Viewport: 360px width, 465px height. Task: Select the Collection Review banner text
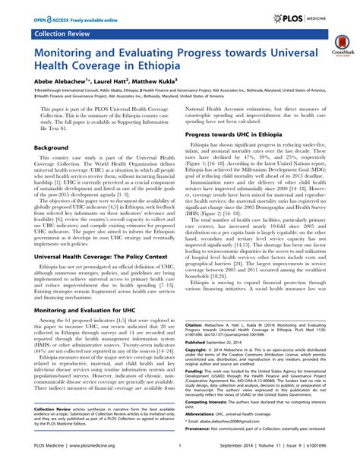coord(56,35)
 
